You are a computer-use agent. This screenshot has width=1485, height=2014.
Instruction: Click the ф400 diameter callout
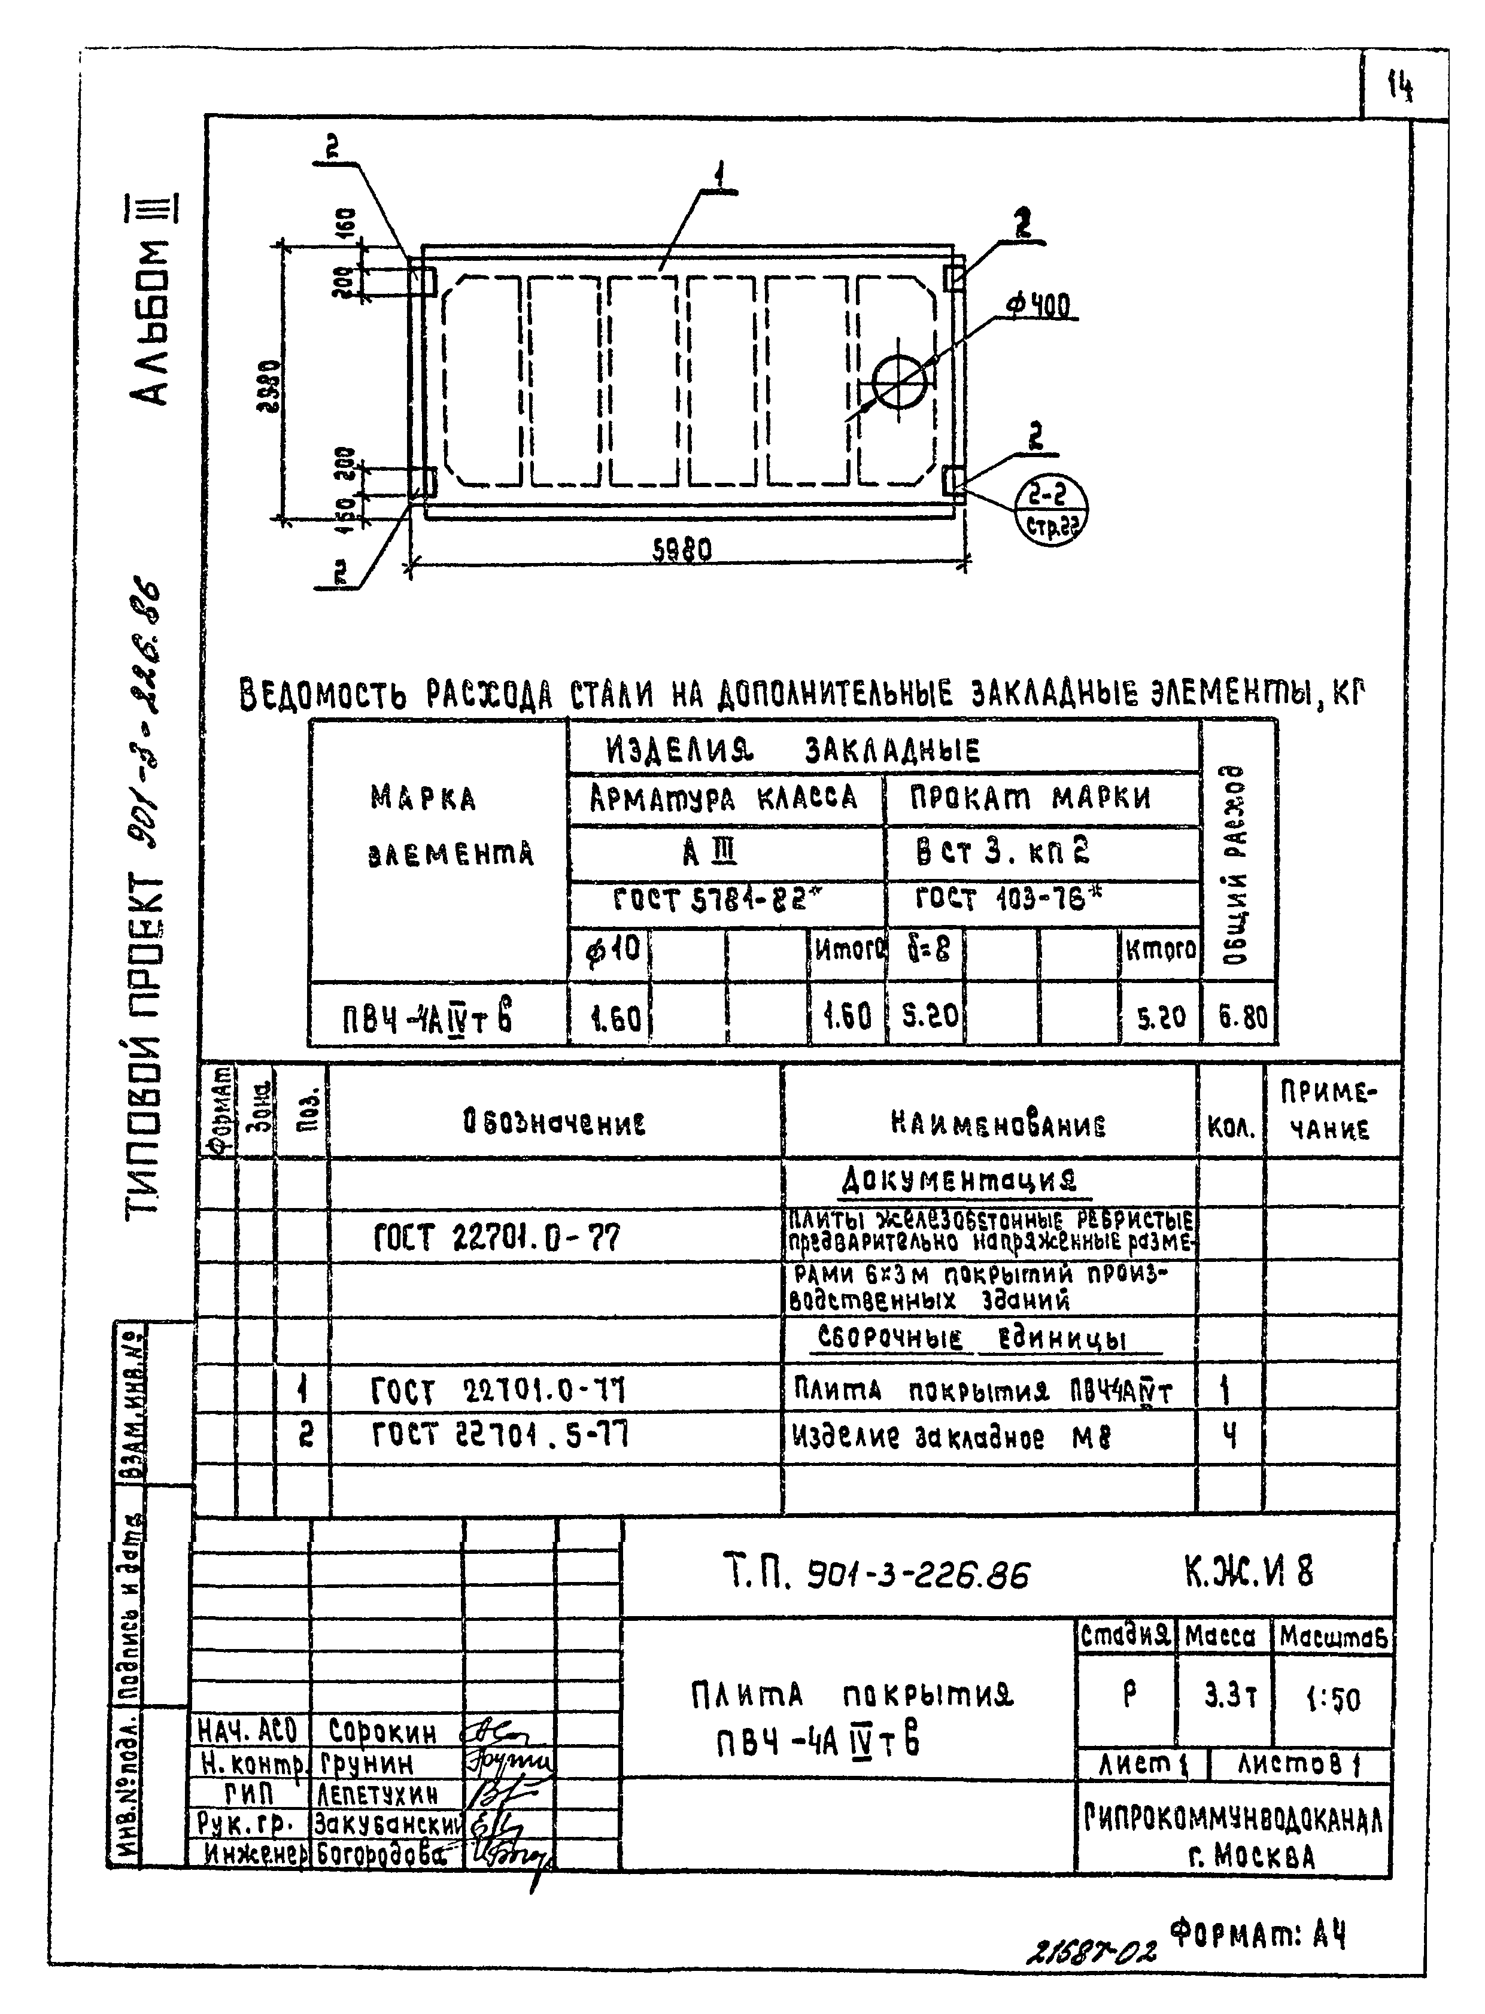(1039, 308)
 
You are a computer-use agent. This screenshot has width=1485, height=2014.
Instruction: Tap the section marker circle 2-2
(1050, 508)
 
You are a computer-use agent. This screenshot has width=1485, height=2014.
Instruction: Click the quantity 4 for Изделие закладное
(1229, 1436)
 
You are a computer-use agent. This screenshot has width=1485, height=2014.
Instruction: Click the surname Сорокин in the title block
(382, 1731)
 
